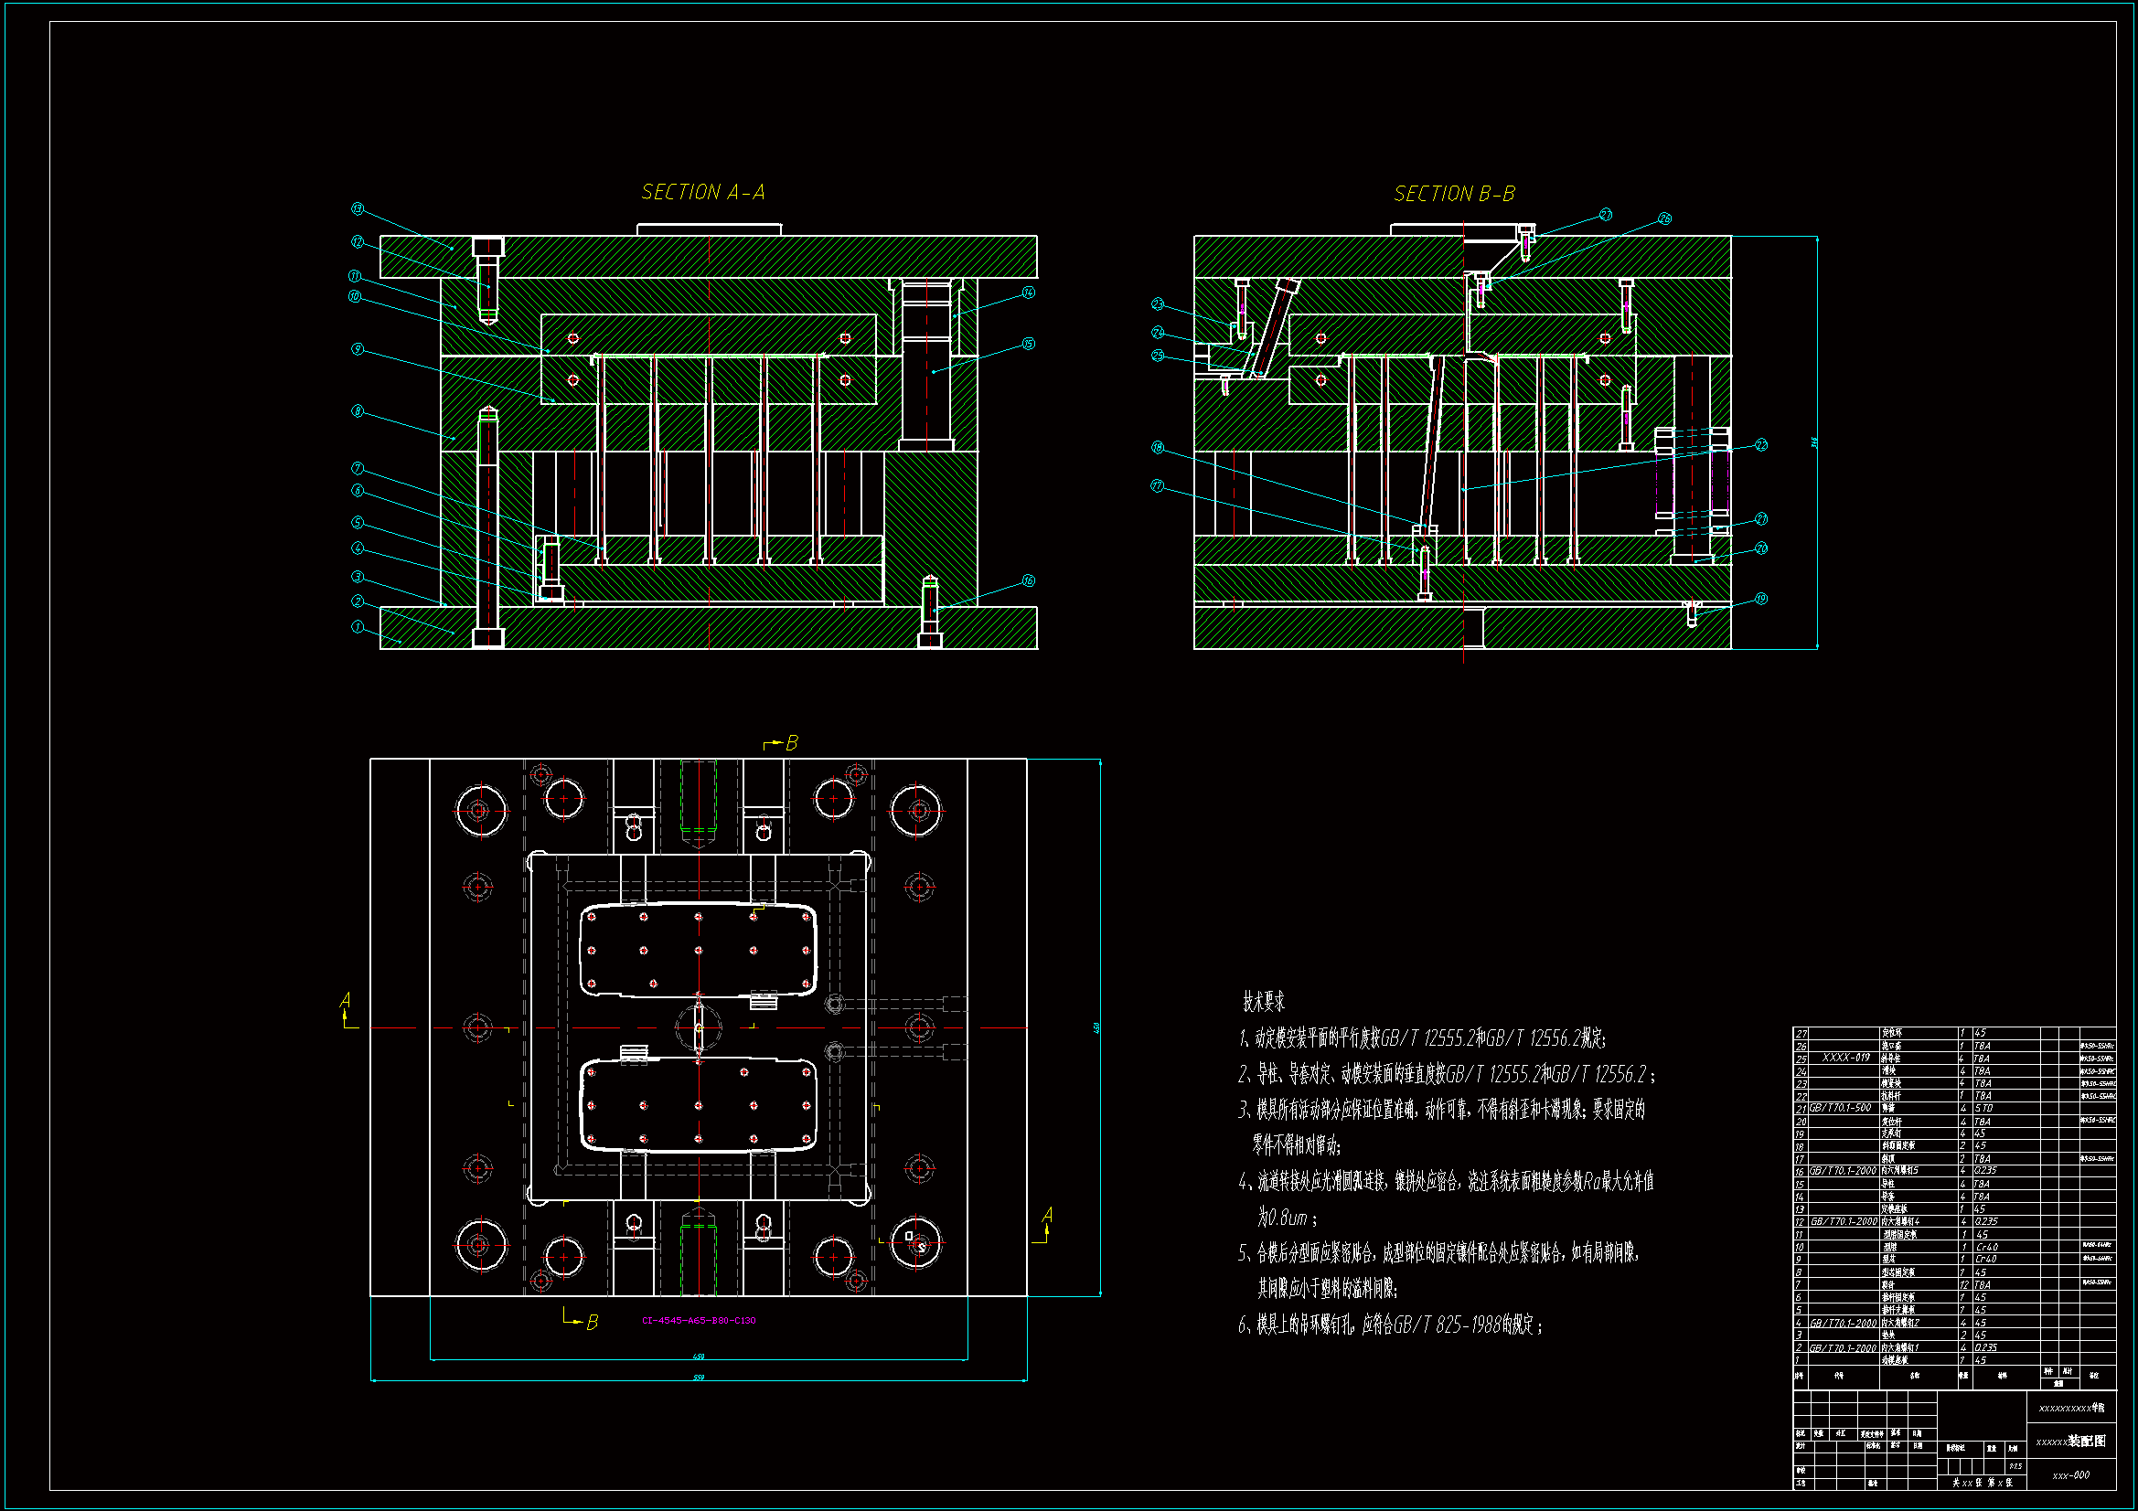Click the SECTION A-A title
703,192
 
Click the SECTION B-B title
1454,194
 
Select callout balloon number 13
358,209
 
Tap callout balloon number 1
358,626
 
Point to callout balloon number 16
1028,581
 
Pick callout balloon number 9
358,349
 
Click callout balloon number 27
1606,215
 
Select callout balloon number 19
1761,599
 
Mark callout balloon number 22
1761,445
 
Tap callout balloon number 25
1158,356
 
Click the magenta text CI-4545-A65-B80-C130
699,1320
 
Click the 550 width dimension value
699,1377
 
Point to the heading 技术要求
1264,1002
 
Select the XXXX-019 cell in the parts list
1845,1058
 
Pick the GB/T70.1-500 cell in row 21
1840,1108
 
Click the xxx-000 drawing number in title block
2070,1474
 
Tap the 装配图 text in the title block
2087,1441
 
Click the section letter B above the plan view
792,743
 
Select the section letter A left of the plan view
346,1000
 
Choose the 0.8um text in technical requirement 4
1282,1218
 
